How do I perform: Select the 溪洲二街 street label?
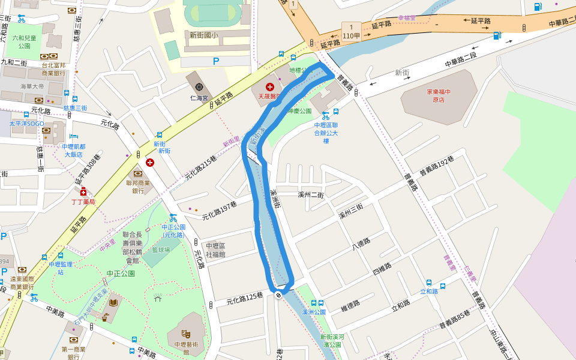(310, 195)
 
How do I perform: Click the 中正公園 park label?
(121, 274)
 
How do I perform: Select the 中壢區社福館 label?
(215, 250)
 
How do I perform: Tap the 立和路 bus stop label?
(428, 292)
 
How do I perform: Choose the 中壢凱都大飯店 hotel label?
(74, 150)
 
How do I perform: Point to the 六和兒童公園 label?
(24, 41)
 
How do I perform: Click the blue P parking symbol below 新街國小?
(216, 61)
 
